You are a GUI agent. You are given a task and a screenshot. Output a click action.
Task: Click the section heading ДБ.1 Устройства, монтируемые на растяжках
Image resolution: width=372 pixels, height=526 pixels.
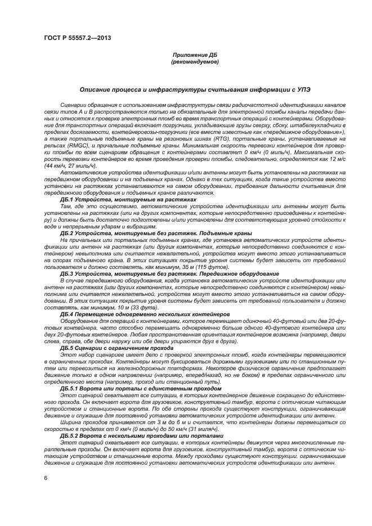[x=128, y=199]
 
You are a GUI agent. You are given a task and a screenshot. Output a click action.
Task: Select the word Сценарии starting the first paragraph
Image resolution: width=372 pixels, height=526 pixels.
[x=74, y=105]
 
